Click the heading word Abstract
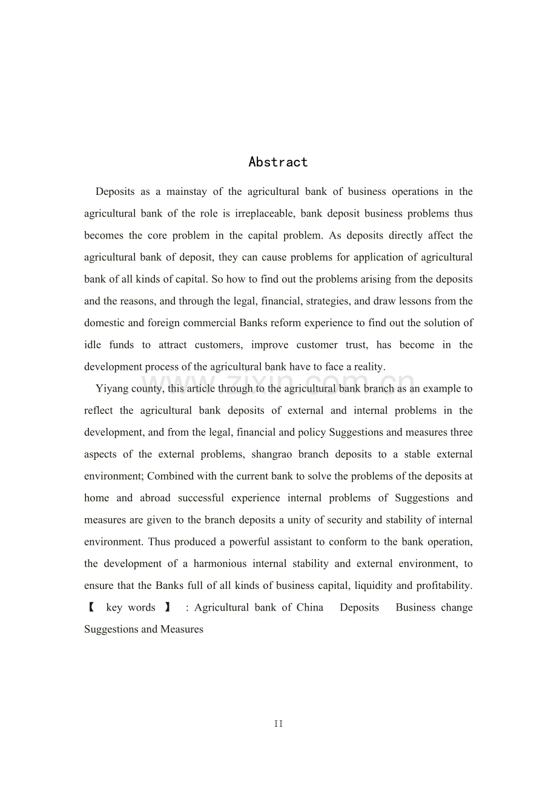pyautogui.click(x=278, y=162)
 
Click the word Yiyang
pyautogui.click(x=111, y=389)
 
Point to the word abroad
pyautogui.click(x=156, y=498)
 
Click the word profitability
pyautogui.click(x=441, y=585)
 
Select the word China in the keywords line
pyautogui.click(x=310, y=608)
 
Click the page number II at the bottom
pyautogui.click(x=278, y=724)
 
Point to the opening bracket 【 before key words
pyautogui.click(x=90, y=608)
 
